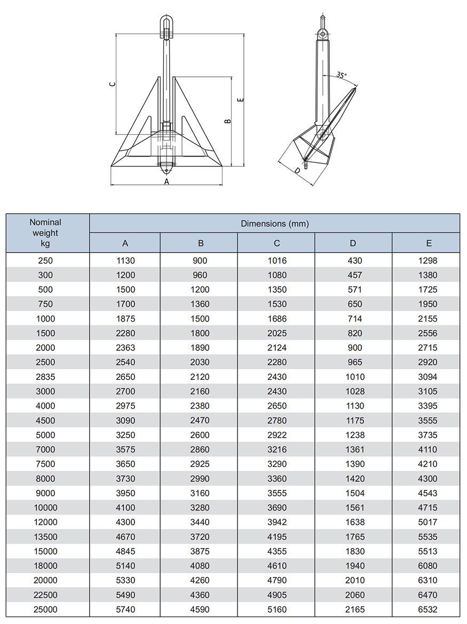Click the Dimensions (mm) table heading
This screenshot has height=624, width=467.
coord(274,223)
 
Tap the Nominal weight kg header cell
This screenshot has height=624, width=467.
coord(45,233)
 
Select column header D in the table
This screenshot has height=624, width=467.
coord(353,243)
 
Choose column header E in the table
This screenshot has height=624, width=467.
coord(429,243)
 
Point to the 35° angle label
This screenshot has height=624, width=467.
coord(342,75)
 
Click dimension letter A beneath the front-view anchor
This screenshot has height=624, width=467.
coord(167,182)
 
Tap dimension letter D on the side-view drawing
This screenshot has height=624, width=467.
coord(297,171)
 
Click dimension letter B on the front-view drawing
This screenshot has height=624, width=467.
coord(227,121)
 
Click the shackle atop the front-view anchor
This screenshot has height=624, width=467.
coord(166,27)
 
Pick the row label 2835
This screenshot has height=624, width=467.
coord(45,377)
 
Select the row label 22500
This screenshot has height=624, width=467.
coord(45,595)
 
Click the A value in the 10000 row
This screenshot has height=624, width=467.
coord(125,508)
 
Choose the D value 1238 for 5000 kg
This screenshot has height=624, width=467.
coord(354,435)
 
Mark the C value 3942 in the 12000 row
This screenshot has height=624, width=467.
coord(277,522)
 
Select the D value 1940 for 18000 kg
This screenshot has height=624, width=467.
coord(354,566)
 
